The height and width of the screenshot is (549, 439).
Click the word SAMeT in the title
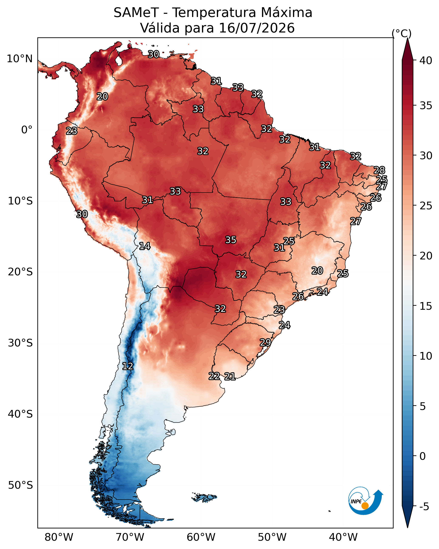click(x=136, y=13)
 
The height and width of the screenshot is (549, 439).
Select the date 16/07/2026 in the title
click(x=257, y=28)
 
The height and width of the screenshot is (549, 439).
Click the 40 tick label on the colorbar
click(x=426, y=61)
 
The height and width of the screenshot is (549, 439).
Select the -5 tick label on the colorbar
click(x=424, y=507)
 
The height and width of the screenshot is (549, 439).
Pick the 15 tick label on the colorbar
click(x=426, y=306)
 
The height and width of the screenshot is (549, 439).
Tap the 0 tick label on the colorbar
click(x=422, y=456)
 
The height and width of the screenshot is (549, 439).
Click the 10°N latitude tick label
click(x=20, y=59)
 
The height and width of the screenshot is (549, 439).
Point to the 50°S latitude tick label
click(x=20, y=485)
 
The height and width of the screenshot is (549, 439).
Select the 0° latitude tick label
click(x=27, y=130)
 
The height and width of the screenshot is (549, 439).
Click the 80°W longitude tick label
click(x=59, y=537)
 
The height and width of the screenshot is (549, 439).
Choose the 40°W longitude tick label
click(x=343, y=537)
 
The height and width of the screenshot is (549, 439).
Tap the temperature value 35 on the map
click(x=231, y=240)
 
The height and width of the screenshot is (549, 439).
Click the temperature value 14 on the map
click(x=145, y=246)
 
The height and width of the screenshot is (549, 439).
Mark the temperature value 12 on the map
click(x=128, y=366)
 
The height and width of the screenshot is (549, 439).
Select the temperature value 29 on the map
click(x=265, y=342)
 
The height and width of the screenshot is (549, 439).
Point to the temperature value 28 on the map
click(x=379, y=170)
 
